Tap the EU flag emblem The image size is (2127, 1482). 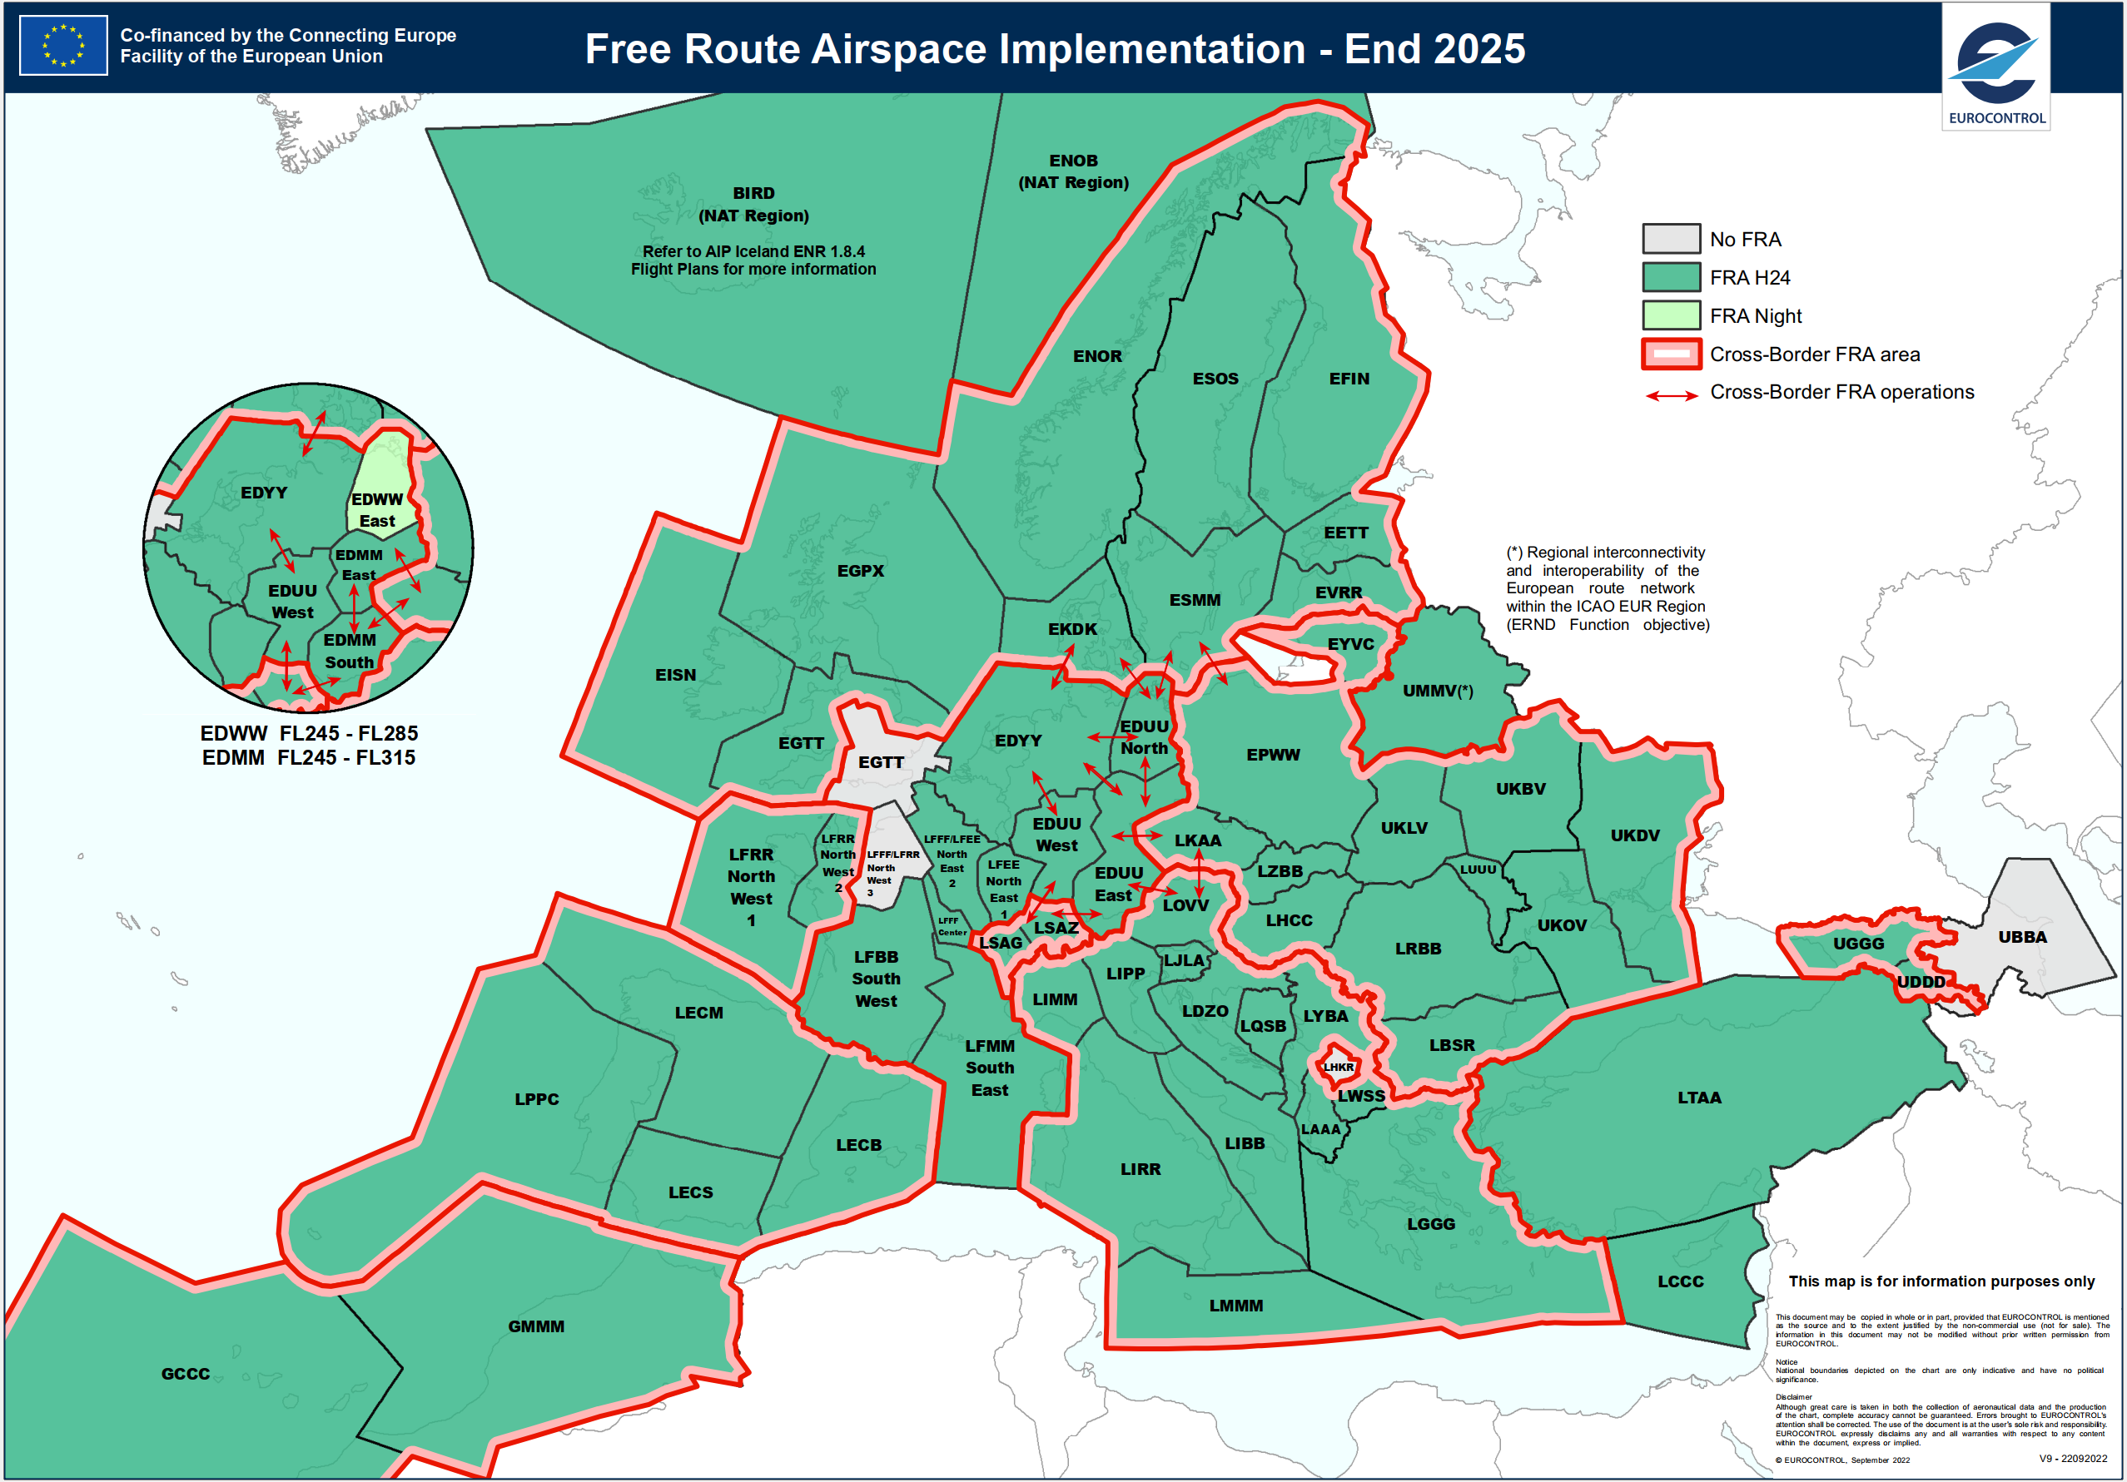pos(63,46)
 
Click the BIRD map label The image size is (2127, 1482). pos(753,194)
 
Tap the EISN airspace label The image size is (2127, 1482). pos(675,675)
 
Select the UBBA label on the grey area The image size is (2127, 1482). pos(2021,937)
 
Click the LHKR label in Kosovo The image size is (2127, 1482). pos(1338,1067)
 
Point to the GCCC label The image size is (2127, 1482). pos(186,1374)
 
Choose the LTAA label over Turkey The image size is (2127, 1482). pos(1698,1098)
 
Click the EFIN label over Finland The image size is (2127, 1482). pos(1348,379)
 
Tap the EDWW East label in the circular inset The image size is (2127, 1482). pos(377,510)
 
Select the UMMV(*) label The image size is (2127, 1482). pos(1437,691)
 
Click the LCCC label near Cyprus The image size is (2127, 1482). pos(1680,1281)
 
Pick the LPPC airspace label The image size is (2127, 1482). pos(536,1099)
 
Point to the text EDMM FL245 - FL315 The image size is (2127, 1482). pos(309,758)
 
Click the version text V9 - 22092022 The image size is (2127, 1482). pos(2072,1458)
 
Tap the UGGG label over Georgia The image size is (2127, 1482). pos(1857,944)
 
